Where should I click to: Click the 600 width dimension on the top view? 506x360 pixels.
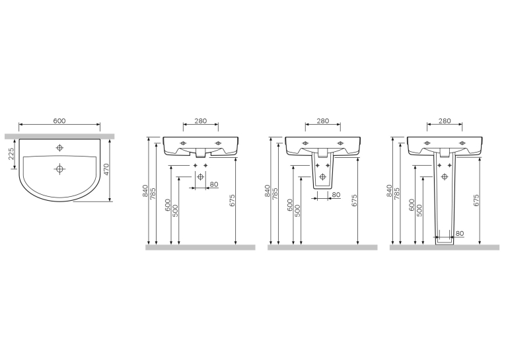point(59,121)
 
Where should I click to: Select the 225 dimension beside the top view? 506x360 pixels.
point(11,154)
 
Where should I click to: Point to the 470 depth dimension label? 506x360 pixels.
point(106,169)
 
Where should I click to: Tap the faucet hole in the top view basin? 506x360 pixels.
point(59,148)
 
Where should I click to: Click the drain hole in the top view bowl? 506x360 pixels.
point(59,168)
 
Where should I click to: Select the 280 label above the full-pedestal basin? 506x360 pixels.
point(445,121)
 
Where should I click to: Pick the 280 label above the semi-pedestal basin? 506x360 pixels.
point(323,121)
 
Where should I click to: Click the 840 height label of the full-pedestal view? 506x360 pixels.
point(389,191)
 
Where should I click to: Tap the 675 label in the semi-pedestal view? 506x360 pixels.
point(354,200)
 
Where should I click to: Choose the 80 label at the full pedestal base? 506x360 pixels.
point(460,233)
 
